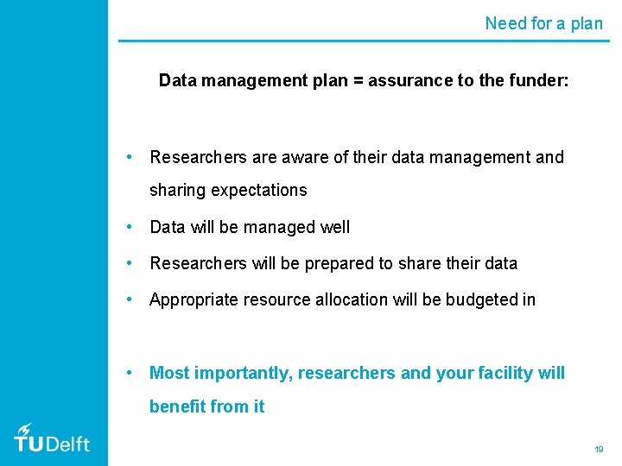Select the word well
[x=335, y=227]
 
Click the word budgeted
[x=482, y=299]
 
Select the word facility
[x=505, y=373]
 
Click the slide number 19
[x=599, y=449]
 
